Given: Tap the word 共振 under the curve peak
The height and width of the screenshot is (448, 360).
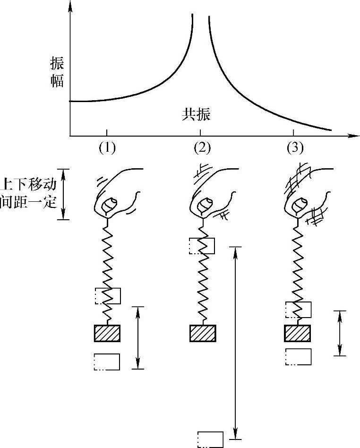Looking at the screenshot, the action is tap(196, 114).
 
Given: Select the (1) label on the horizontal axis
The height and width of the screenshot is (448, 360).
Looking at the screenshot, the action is tap(107, 148).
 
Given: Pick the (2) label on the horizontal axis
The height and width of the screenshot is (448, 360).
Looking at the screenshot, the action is tap(202, 148).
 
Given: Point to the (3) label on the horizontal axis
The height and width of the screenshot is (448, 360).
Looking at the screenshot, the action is tap(294, 148).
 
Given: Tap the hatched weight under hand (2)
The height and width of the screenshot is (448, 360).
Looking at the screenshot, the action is tap(203, 333).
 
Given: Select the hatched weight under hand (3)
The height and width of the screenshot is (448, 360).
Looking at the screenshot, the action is tap(297, 333).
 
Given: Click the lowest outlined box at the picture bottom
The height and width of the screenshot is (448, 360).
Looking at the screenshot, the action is tap(210, 439).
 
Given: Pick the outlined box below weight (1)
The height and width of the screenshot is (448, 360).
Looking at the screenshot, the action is tap(107, 362).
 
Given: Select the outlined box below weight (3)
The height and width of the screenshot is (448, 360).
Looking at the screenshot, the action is tap(298, 357).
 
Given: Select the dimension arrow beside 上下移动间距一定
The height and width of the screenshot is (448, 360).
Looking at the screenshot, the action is tap(66, 194).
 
